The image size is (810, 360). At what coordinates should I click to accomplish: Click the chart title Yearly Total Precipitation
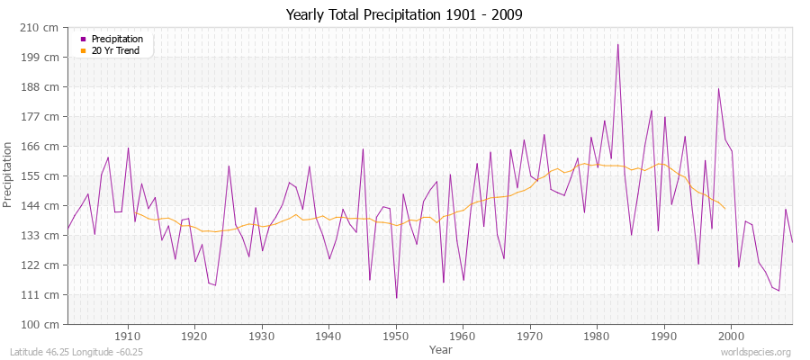click(404, 15)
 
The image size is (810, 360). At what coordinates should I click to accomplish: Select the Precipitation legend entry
click(117, 39)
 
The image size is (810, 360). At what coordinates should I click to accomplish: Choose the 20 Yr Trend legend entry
click(115, 50)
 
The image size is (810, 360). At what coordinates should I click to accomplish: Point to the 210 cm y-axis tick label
click(42, 27)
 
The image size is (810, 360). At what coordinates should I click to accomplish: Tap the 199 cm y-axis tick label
click(42, 57)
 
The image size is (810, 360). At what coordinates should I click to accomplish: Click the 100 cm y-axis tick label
click(42, 324)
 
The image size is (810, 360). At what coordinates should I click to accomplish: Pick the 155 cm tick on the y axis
click(42, 175)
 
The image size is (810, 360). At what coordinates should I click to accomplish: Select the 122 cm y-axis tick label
click(42, 265)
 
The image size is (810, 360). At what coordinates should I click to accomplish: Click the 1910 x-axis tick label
click(128, 337)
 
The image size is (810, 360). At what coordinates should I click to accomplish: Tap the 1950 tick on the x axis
click(396, 337)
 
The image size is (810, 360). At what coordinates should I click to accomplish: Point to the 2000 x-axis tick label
click(732, 337)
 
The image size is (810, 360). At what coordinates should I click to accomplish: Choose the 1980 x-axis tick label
click(598, 337)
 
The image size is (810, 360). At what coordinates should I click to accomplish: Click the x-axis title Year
click(441, 348)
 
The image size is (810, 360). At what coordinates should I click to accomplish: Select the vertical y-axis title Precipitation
click(8, 175)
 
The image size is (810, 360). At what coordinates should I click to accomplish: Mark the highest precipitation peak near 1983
click(617, 44)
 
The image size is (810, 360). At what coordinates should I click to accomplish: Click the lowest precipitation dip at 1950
click(396, 298)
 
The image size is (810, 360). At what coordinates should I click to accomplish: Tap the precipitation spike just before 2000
click(718, 88)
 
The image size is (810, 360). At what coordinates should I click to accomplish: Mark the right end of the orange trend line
click(725, 209)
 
